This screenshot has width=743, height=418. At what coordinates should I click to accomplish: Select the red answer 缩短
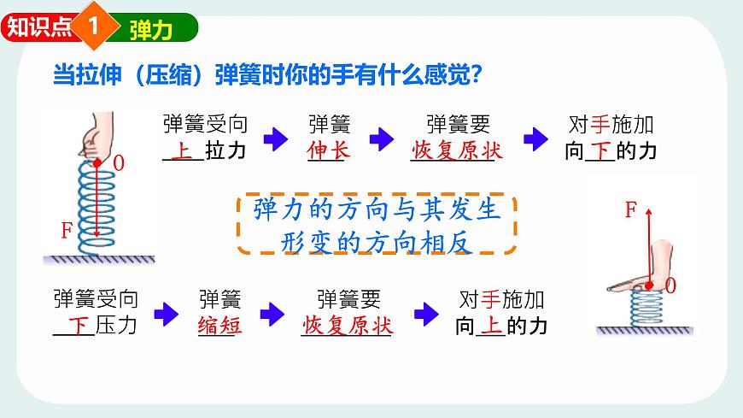[x=219, y=325]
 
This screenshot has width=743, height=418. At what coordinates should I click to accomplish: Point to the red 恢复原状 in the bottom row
[x=347, y=325]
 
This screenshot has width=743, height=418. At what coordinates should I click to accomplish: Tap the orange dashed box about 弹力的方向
[x=376, y=224]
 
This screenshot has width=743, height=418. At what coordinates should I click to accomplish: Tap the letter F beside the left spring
[x=67, y=231]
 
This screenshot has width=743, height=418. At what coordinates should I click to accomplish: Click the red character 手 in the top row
[x=600, y=125]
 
